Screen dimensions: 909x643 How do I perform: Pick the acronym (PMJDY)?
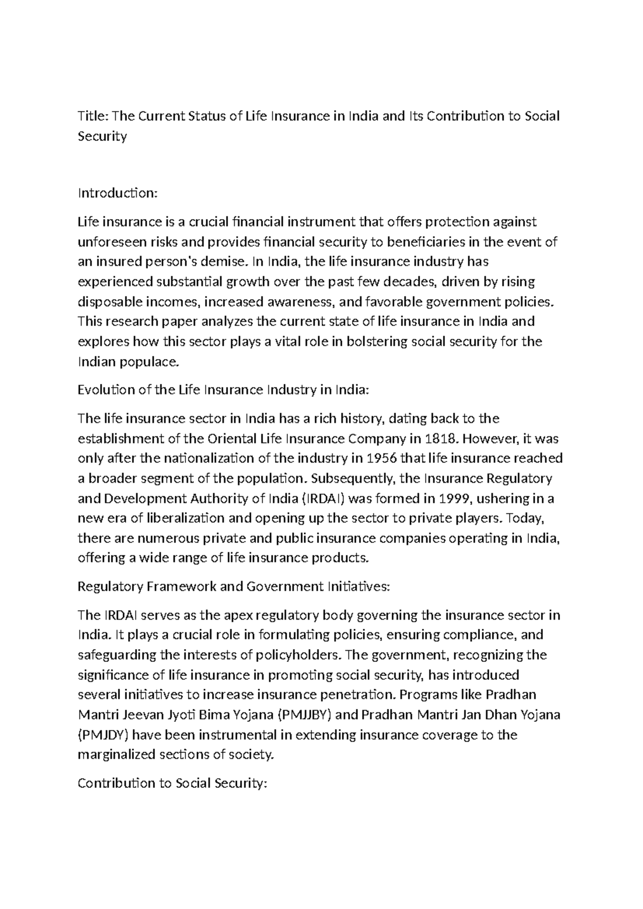point(106,735)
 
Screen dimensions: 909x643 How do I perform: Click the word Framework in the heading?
point(181,586)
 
